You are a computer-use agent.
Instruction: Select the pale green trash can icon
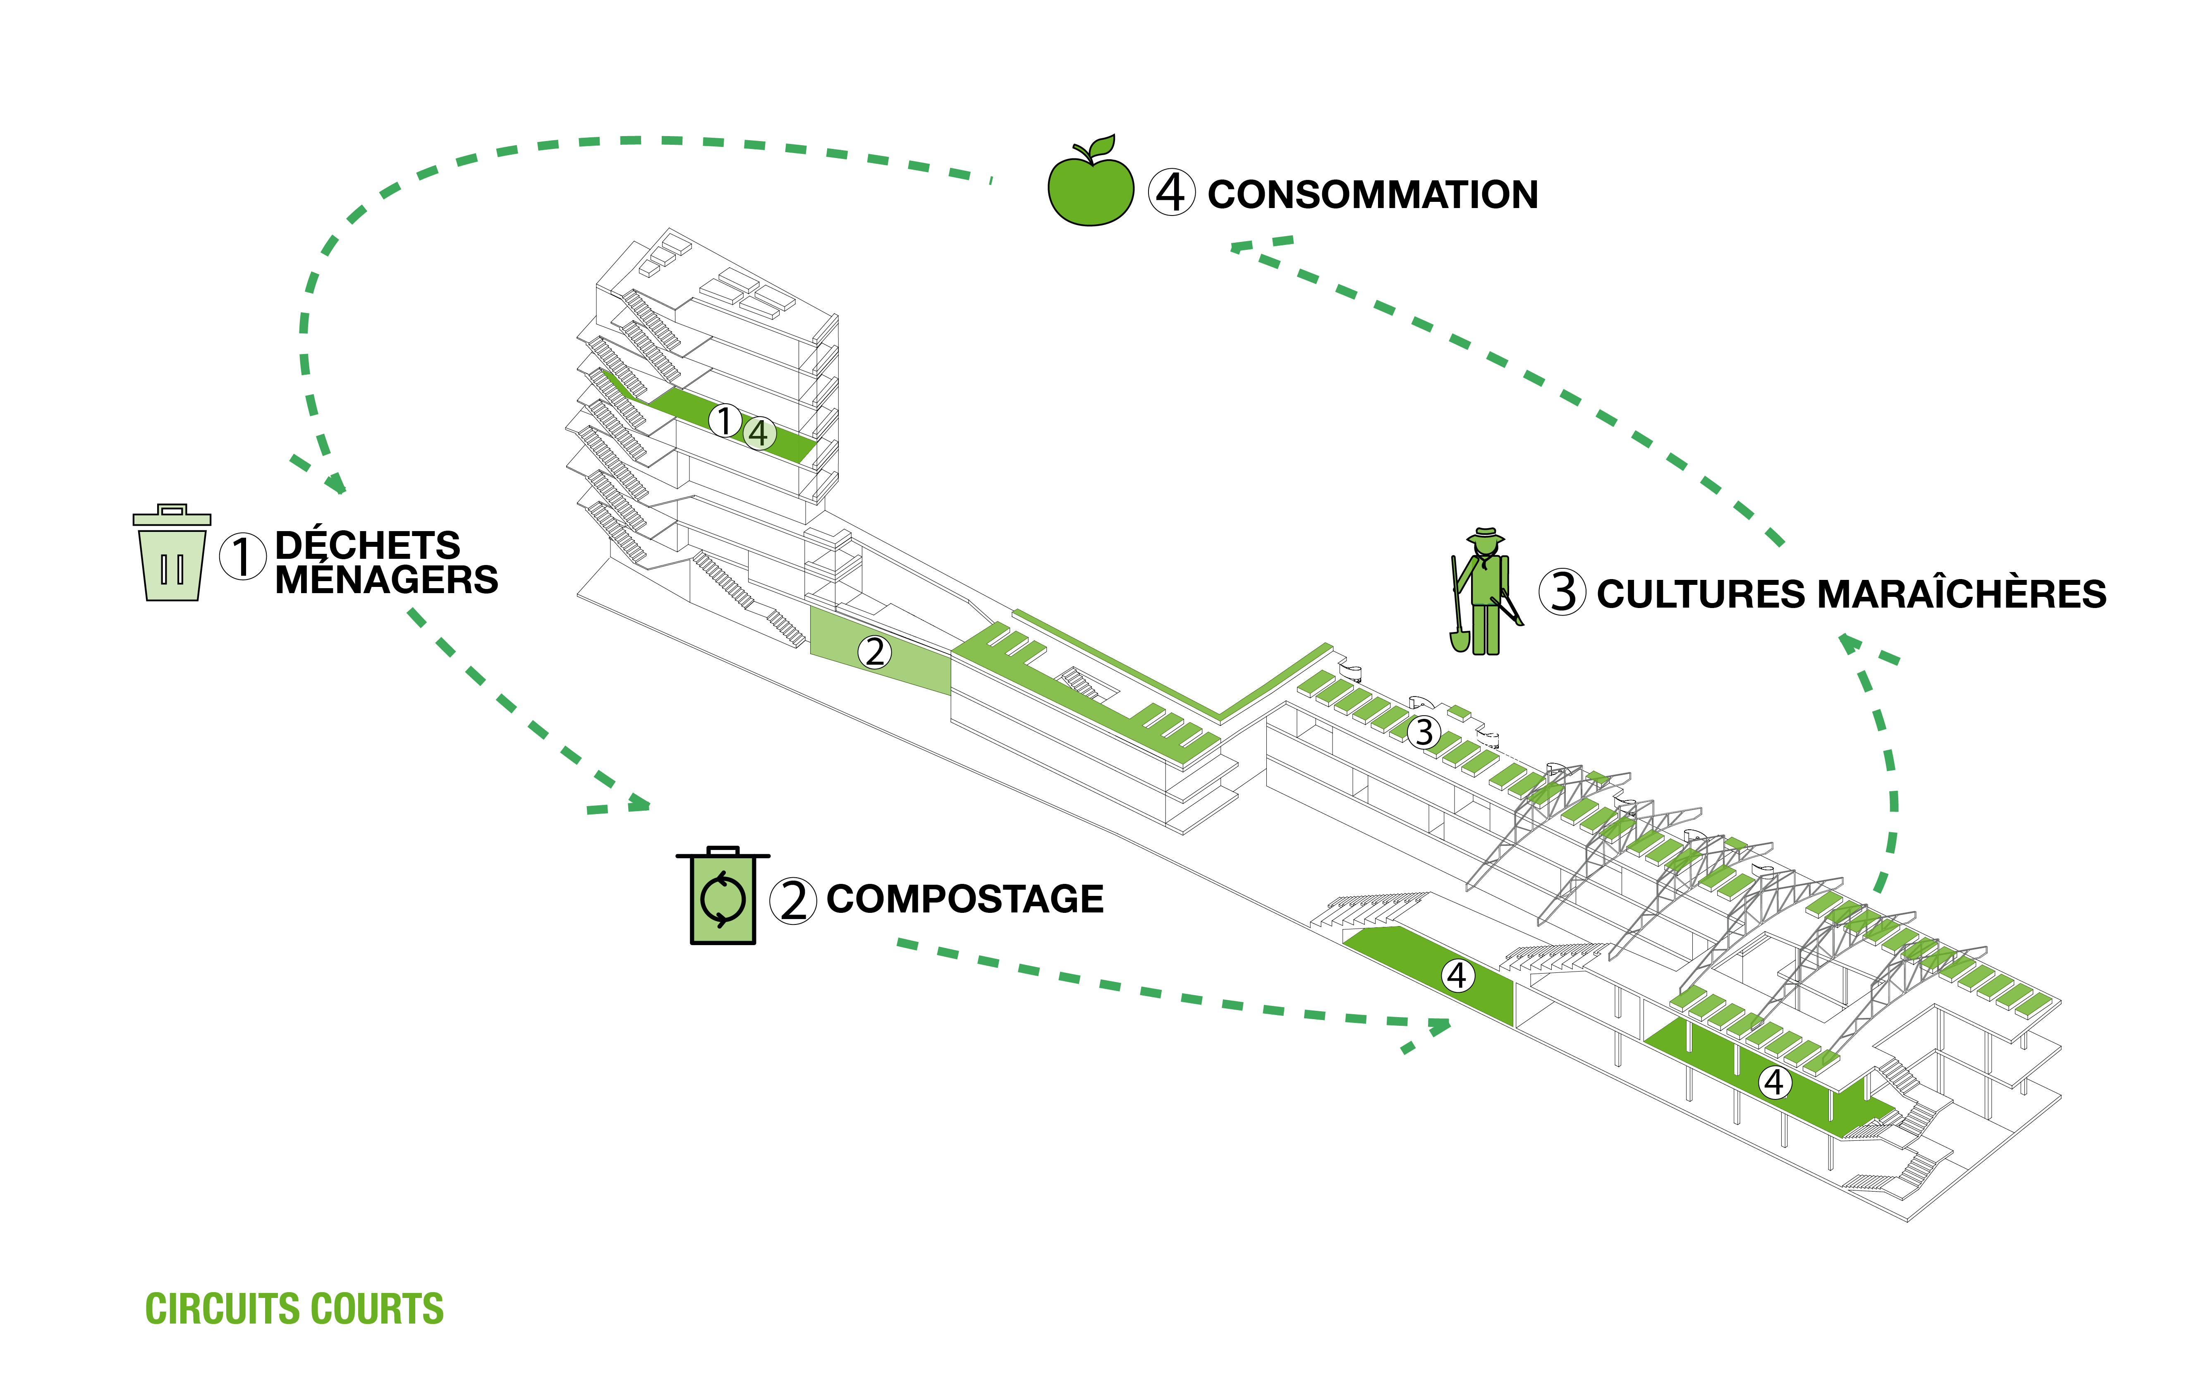(172, 556)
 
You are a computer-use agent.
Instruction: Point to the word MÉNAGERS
(387, 580)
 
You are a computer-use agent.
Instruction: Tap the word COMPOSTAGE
(965, 899)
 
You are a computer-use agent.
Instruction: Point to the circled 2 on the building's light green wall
(875, 652)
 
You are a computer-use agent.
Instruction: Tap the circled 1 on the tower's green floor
(725, 421)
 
